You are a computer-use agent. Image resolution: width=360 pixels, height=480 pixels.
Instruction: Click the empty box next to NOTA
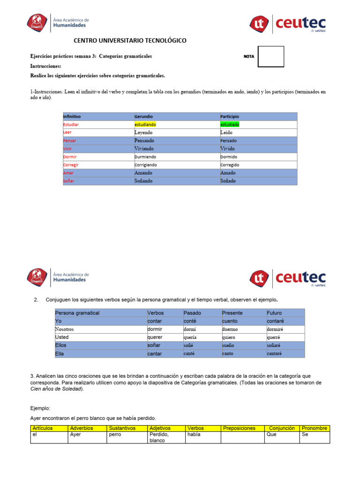pos(271,57)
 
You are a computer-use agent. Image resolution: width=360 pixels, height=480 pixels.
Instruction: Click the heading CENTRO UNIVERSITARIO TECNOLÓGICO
pos(130,41)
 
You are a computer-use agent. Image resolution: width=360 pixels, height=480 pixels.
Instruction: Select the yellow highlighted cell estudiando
pos(145,125)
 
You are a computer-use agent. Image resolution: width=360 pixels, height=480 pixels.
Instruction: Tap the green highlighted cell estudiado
pos(230,125)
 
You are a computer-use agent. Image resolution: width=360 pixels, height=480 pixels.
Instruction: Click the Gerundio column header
pos(143,116)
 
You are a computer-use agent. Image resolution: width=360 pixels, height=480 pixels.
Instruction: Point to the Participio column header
pos(230,116)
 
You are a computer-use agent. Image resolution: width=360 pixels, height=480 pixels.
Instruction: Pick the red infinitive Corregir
pos(71,165)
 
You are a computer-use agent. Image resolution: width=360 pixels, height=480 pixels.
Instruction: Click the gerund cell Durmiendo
pos(145,157)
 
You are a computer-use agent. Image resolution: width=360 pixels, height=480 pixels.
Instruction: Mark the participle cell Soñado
pos(228,181)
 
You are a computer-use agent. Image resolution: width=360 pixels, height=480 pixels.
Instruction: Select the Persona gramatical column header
pos(77,313)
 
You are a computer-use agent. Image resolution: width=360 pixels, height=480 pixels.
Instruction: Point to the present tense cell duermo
pos(230,330)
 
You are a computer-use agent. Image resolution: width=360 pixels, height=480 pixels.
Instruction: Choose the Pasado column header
pos(192,313)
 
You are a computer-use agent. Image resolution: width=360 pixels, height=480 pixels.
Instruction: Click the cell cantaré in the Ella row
pos(275,354)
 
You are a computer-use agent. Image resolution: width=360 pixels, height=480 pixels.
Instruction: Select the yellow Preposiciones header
pos(239,428)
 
